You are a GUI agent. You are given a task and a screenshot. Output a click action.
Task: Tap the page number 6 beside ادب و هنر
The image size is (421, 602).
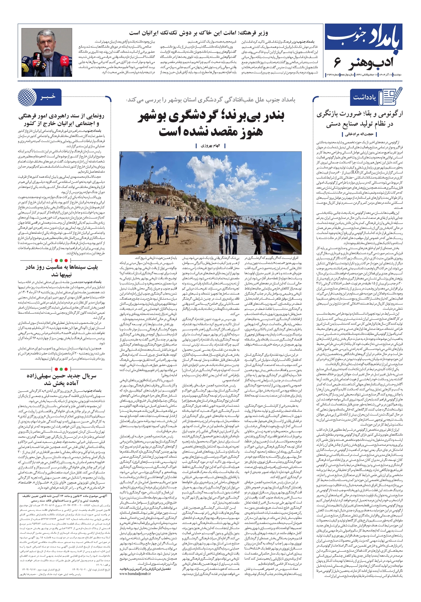(337, 63)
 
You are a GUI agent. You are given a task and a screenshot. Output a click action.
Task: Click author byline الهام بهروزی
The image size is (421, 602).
(210, 146)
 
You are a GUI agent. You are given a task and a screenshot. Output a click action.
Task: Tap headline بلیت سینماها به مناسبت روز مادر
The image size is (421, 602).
(62, 271)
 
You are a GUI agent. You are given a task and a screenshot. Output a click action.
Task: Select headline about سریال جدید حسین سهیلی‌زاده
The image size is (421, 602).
(62, 379)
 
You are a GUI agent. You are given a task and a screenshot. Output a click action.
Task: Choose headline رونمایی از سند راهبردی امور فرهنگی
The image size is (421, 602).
(61, 119)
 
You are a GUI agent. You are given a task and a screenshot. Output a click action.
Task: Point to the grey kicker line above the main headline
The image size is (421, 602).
(210, 100)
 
